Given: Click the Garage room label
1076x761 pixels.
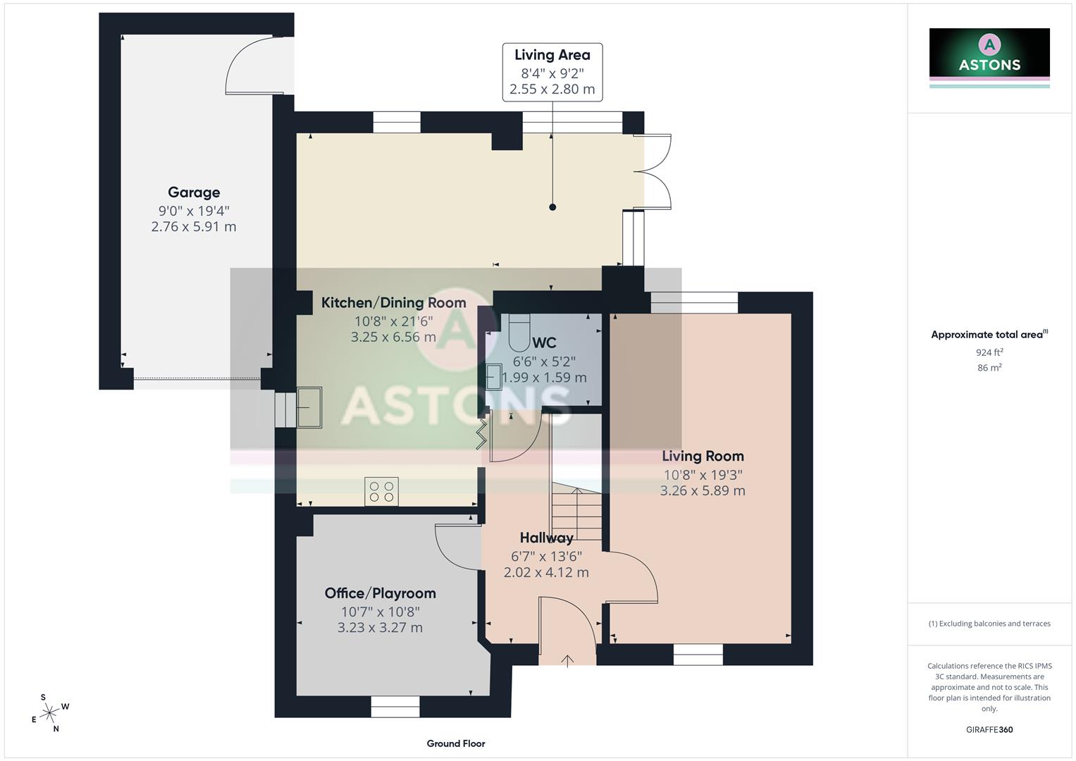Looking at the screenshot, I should click(x=194, y=192).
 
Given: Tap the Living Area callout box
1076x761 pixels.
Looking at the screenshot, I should click(x=552, y=72).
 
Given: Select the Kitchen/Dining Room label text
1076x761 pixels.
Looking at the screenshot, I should click(x=393, y=303).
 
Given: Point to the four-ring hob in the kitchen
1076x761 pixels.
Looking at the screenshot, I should click(x=381, y=492).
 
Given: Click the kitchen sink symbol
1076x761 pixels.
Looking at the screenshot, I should click(x=309, y=407).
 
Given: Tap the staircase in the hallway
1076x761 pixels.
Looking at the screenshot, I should click(x=576, y=511).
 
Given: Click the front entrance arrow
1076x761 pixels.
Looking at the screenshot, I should click(x=567, y=660).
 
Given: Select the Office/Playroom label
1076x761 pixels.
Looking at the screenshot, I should click(x=380, y=593).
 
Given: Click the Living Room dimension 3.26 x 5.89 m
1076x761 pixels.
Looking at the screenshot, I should click(x=703, y=490).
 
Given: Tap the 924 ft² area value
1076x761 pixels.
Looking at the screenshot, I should click(x=989, y=352).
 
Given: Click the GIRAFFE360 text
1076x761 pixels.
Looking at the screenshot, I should click(x=989, y=729).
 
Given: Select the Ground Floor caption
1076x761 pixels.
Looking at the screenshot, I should click(x=456, y=743).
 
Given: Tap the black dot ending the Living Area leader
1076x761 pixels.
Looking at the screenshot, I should click(x=552, y=207).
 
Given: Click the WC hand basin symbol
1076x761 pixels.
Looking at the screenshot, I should click(x=494, y=376).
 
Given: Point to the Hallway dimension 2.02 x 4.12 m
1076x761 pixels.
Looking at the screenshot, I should click(x=546, y=573).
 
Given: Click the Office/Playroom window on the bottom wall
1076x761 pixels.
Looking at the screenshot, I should click(x=395, y=707).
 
